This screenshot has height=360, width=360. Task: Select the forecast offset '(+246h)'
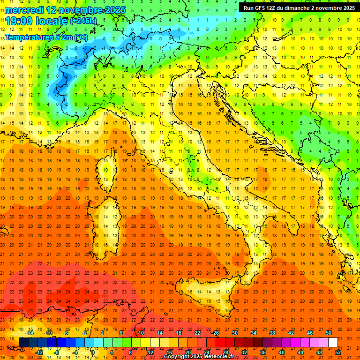point(83,21)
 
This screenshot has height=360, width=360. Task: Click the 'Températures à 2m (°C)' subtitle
point(46,37)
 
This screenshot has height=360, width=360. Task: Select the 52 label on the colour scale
point(338,352)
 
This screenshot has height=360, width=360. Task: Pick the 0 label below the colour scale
point(93,352)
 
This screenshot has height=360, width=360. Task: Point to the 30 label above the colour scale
point(234,333)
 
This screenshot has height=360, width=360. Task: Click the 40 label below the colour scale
point(282,352)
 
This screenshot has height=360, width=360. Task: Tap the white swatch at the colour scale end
point(333,342)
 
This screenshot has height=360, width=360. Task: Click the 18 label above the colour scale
point(179,333)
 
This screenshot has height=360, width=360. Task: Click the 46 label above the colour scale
point(309,333)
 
